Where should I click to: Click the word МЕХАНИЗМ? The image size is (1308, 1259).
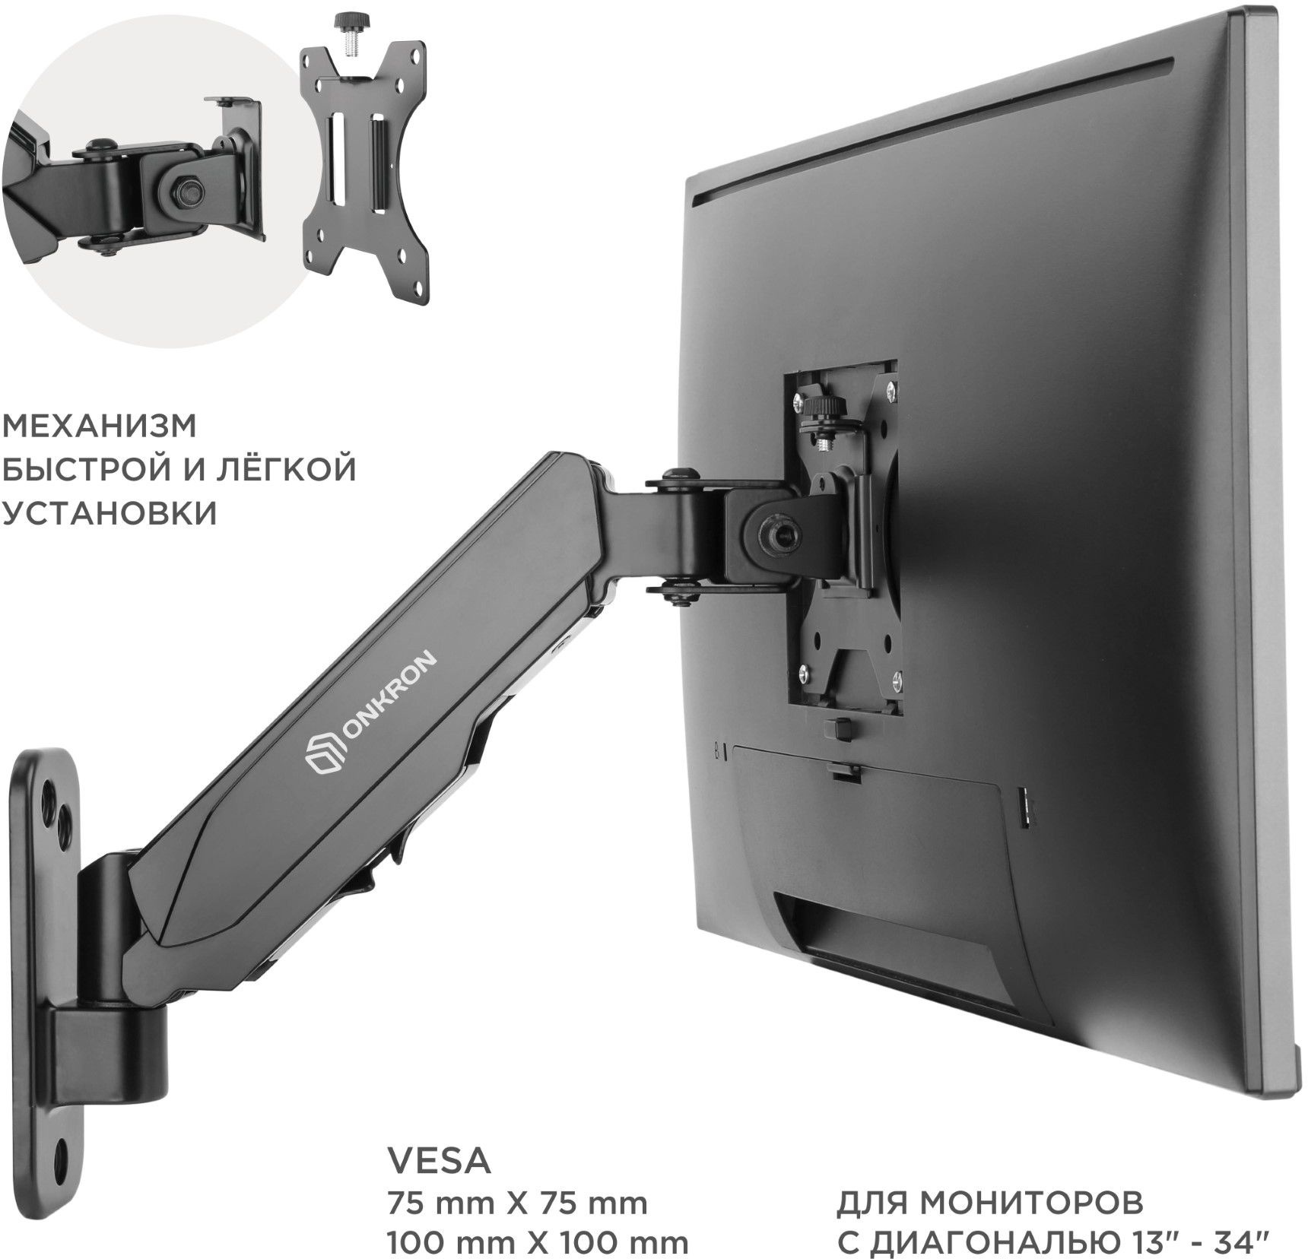click(100, 427)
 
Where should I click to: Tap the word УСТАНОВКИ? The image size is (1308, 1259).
click(110, 513)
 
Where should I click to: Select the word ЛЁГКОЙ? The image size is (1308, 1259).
click(281, 469)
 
